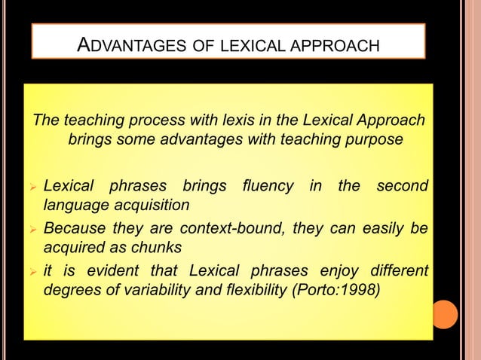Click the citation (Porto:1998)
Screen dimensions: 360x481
click(342, 291)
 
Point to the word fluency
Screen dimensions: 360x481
click(267, 185)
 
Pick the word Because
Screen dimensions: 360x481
click(72, 228)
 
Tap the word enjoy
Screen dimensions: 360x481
click(328, 270)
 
